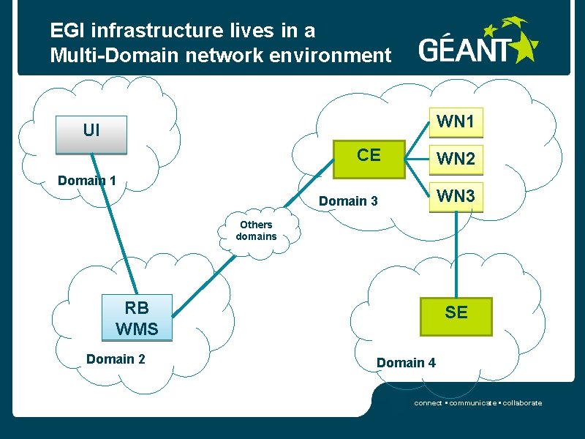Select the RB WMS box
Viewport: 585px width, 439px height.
(x=137, y=318)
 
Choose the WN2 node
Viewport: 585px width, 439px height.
(x=456, y=159)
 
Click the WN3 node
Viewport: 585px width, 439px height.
(x=456, y=196)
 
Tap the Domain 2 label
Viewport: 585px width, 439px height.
(x=116, y=359)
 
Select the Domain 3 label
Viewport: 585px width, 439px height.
(x=349, y=200)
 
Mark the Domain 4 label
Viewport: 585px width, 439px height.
(x=406, y=362)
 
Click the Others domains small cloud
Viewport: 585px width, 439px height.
(x=257, y=230)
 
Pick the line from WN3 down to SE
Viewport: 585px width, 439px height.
(x=458, y=252)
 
